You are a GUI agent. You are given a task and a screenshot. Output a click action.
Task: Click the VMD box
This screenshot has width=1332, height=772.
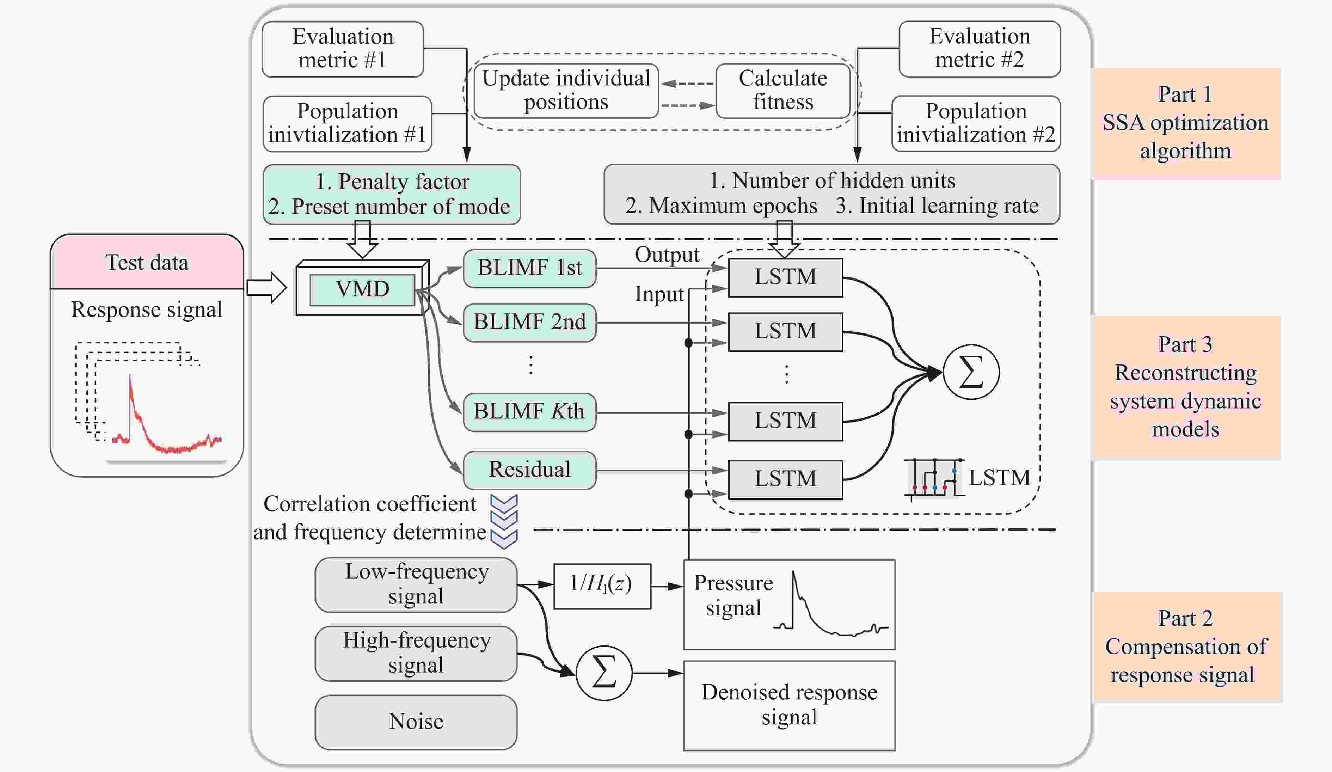coord(362,289)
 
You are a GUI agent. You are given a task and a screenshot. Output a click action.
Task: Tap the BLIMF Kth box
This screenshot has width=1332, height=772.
coord(530,412)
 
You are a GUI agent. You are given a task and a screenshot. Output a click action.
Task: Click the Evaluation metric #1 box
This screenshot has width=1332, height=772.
coord(343,49)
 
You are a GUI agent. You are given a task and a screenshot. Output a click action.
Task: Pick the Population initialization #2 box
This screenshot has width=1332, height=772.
coord(976,124)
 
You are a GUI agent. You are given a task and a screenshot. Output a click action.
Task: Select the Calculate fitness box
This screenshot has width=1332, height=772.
coord(783,90)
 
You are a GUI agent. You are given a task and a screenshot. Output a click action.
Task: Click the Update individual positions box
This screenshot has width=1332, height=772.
coord(566,90)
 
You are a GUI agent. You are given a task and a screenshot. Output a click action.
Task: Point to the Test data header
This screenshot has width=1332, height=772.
coord(147,262)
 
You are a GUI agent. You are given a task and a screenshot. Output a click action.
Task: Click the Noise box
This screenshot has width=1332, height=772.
coord(416,722)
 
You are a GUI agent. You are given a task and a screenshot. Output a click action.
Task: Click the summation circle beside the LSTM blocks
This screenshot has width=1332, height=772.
coord(971,372)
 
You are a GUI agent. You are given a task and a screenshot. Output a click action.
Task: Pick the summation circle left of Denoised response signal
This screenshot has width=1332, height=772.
coord(604,673)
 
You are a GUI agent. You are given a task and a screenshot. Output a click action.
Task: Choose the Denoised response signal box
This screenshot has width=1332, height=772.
coord(789,705)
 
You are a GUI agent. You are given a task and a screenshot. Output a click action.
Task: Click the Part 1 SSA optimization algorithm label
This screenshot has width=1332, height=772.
coord(1186,123)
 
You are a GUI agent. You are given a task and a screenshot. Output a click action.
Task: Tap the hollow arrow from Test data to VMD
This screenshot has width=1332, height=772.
coord(267,288)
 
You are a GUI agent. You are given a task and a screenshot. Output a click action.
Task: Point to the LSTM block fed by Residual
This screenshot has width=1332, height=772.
coord(785,479)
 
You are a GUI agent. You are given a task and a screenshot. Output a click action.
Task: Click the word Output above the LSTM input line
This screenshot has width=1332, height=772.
coord(667,255)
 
